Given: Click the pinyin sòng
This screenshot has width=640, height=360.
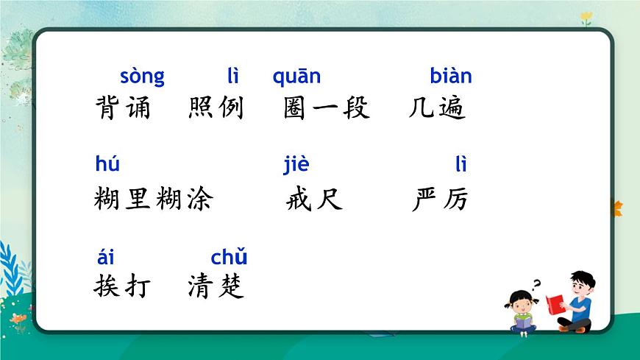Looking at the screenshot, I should tap(142, 77).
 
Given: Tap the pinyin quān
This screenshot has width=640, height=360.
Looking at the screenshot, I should tap(296, 77).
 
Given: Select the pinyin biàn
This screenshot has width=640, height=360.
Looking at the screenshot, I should tap(450, 76).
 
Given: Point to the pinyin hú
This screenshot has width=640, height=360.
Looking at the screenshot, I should tap(107, 164).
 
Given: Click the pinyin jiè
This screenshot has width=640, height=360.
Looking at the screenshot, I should tap(296, 165).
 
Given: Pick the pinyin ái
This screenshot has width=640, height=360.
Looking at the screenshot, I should tap(106, 257).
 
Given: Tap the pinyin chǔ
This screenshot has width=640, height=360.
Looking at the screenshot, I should tap(229, 258).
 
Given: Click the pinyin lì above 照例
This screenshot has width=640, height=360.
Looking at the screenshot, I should tap(233, 76).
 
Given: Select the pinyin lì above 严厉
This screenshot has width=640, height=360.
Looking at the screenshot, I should tap(461, 164).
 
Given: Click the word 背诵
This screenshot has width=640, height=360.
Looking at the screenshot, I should tap(123, 109).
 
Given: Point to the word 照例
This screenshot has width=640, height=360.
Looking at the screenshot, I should tap(216, 109).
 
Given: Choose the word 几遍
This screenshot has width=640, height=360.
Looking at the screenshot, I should tap(438, 109).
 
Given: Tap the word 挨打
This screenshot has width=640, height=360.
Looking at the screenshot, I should tap(122, 286).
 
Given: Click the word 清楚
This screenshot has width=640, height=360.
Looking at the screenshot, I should tap(216, 286).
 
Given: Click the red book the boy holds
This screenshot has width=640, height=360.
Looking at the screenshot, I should tap(555, 303).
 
